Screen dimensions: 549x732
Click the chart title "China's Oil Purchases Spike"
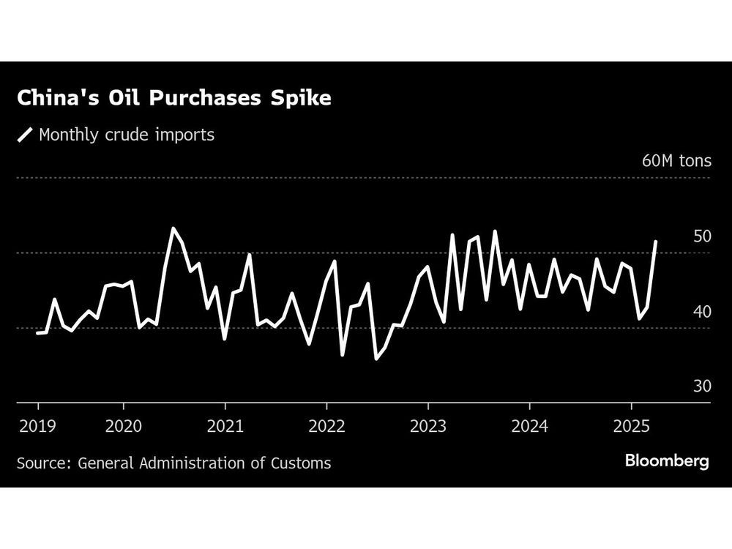174,99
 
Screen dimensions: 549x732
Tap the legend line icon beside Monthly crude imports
25,135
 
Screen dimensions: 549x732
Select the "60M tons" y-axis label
676,161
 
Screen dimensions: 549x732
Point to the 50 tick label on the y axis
702,236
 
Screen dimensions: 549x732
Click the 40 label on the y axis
702,311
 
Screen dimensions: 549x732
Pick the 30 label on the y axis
702,386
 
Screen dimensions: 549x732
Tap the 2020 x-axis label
124,426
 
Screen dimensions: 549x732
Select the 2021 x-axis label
225,426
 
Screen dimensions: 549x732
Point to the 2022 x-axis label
326,426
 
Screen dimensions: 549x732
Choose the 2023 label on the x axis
427,426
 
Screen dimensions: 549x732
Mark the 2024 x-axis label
529,426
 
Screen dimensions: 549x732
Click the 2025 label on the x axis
630,426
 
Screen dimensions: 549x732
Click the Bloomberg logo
666,461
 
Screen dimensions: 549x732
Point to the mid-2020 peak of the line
173,228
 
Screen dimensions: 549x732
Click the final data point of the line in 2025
655,242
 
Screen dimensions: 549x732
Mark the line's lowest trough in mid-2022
376,359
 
